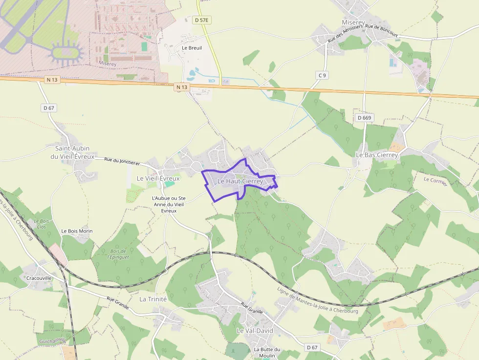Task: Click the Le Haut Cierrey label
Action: coord(240,181)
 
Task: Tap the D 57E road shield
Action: coord(201,20)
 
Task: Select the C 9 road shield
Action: coord(322,75)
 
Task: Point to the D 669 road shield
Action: coord(364,118)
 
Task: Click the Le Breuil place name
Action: coord(192,48)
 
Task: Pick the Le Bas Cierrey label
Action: coord(377,155)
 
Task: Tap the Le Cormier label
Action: coord(435,181)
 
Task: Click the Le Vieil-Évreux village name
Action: coord(158,178)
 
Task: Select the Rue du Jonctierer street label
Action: coord(122,161)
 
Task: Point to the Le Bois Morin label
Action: coord(77,231)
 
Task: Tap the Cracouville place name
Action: coord(39,278)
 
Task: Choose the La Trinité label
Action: coord(153,298)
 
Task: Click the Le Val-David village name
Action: coord(255,331)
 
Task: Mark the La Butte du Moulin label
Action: coord(267,352)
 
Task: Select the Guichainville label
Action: coord(53,341)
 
